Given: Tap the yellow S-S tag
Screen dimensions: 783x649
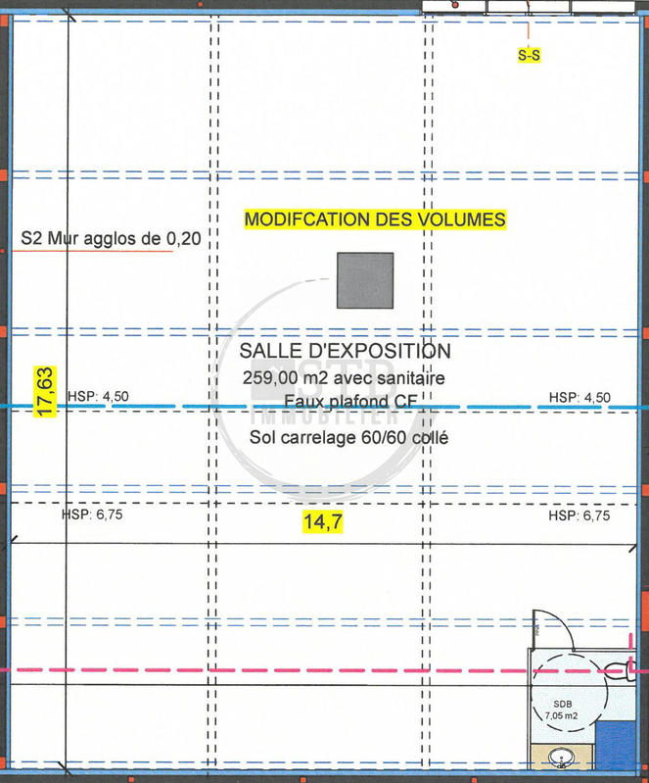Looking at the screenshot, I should click(x=529, y=56).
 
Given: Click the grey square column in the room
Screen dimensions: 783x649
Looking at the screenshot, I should click(x=365, y=280).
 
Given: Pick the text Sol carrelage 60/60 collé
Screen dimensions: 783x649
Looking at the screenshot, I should click(x=348, y=438).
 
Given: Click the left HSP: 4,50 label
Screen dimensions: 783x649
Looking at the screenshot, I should click(x=99, y=397).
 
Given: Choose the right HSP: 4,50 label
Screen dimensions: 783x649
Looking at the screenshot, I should click(x=579, y=397).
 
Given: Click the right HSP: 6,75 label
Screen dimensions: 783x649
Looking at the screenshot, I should click(x=579, y=515).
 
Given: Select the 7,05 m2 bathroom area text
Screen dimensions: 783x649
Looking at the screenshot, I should click(x=562, y=717).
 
